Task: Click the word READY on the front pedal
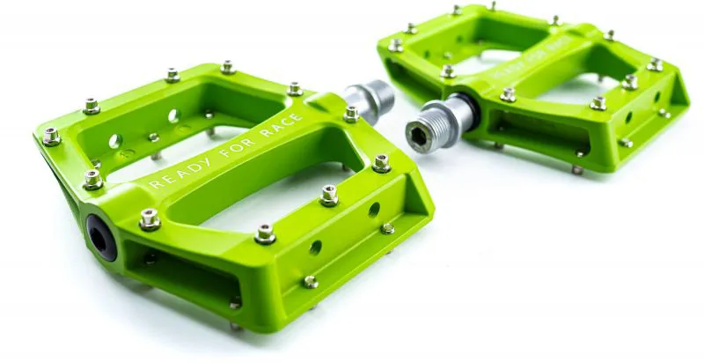coord(181,172)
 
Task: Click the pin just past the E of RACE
coord(351,114)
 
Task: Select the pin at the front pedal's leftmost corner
coord(52,136)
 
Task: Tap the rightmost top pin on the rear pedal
coord(655,64)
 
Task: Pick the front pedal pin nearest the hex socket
coord(381,163)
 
